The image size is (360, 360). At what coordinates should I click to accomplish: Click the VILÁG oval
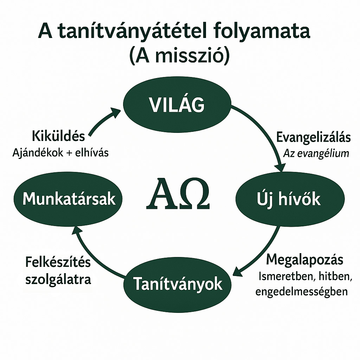[x=177, y=104]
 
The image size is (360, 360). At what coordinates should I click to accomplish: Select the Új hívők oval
[x=290, y=199]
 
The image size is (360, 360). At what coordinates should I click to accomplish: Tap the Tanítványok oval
[x=178, y=284]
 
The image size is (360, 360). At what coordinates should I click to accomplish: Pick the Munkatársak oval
[x=68, y=199]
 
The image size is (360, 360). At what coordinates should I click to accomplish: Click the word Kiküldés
[x=58, y=136]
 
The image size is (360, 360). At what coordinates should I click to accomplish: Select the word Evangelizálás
[x=313, y=137]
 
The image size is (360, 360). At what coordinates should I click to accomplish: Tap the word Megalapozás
[x=305, y=260]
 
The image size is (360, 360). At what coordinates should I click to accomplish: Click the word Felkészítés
[x=58, y=262]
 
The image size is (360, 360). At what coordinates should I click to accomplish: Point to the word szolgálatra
[x=58, y=279]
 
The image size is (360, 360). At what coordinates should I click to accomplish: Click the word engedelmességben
[x=301, y=291]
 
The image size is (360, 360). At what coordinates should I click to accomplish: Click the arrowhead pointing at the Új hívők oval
[x=280, y=167]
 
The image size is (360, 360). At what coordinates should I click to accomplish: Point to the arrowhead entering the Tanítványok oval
[x=238, y=271]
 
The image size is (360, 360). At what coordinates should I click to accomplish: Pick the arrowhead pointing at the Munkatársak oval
[x=77, y=230]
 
